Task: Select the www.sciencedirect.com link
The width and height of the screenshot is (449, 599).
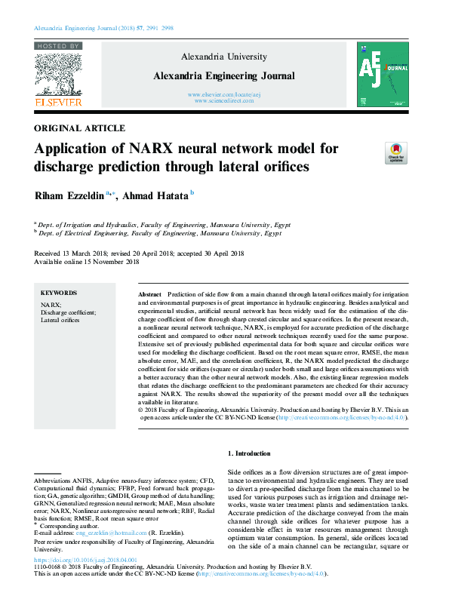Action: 224,100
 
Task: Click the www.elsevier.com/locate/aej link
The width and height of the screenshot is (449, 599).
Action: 224,94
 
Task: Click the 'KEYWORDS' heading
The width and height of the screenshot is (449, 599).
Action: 59,293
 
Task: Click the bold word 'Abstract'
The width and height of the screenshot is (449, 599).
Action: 150,293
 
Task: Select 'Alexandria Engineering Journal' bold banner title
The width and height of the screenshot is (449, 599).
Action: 224,75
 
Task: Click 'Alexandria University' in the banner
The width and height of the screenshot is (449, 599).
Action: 224,57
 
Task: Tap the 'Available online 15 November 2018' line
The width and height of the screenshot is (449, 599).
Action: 87,262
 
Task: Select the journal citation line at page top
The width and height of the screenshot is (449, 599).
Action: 104,27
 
